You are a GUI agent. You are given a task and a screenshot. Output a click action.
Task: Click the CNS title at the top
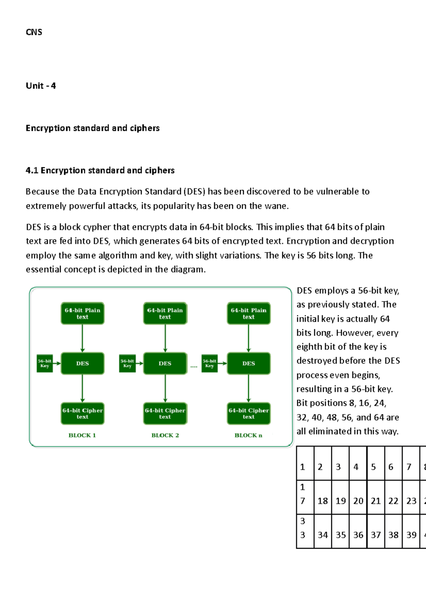pyautogui.click(x=34, y=32)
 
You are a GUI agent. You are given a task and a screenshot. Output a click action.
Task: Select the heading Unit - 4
pyautogui.click(x=41, y=86)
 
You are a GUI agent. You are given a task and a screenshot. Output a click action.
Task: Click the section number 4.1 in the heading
pyautogui.click(x=32, y=170)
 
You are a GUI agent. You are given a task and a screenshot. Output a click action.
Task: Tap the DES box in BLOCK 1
pyautogui.click(x=82, y=363)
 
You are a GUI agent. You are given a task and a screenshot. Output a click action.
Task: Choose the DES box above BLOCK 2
pyautogui.click(x=165, y=363)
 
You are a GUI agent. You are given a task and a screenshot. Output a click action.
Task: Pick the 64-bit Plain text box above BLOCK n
pyautogui.click(x=248, y=313)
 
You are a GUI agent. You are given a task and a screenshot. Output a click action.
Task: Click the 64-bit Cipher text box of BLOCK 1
pyautogui.click(x=82, y=413)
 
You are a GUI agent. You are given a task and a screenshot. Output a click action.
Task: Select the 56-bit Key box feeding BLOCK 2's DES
pyautogui.click(x=127, y=363)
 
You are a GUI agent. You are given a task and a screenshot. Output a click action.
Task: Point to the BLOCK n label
pyautogui.click(x=248, y=435)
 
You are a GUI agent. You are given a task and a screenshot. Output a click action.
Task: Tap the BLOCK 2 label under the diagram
pyautogui.click(x=165, y=435)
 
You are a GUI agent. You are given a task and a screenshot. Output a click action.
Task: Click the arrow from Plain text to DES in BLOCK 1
pyautogui.click(x=82, y=338)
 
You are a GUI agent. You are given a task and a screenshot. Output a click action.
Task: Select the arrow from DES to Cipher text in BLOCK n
pyautogui.click(x=248, y=388)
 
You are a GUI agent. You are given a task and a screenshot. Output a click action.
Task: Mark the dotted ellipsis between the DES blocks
pyautogui.click(x=194, y=366)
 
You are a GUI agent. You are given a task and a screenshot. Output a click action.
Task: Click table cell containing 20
pyautogui.click(x=358, y=497)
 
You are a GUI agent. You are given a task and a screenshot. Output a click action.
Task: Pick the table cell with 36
pyautogui.click(x=358, y=531)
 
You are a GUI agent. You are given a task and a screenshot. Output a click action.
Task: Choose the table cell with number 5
pyautogui.click(x=376, y=463)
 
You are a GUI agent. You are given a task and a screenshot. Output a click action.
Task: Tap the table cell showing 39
pyautogui.click(x=411, y=531)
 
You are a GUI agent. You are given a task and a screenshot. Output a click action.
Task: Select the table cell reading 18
pyautogui.click(x=323, y=497)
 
